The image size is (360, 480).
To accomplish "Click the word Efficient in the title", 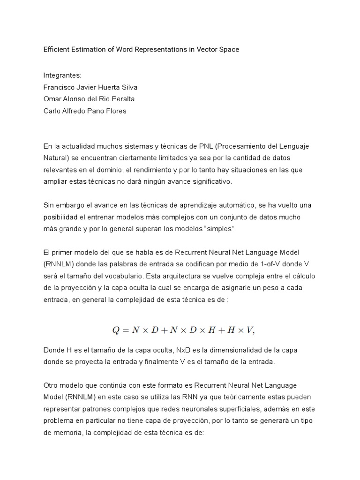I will (x=56, y=49).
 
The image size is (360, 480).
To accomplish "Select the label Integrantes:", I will (x=62, y=75).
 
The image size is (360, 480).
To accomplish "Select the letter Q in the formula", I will (x=116, y=330).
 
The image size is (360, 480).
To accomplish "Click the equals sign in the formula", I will (x=126, y=330).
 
